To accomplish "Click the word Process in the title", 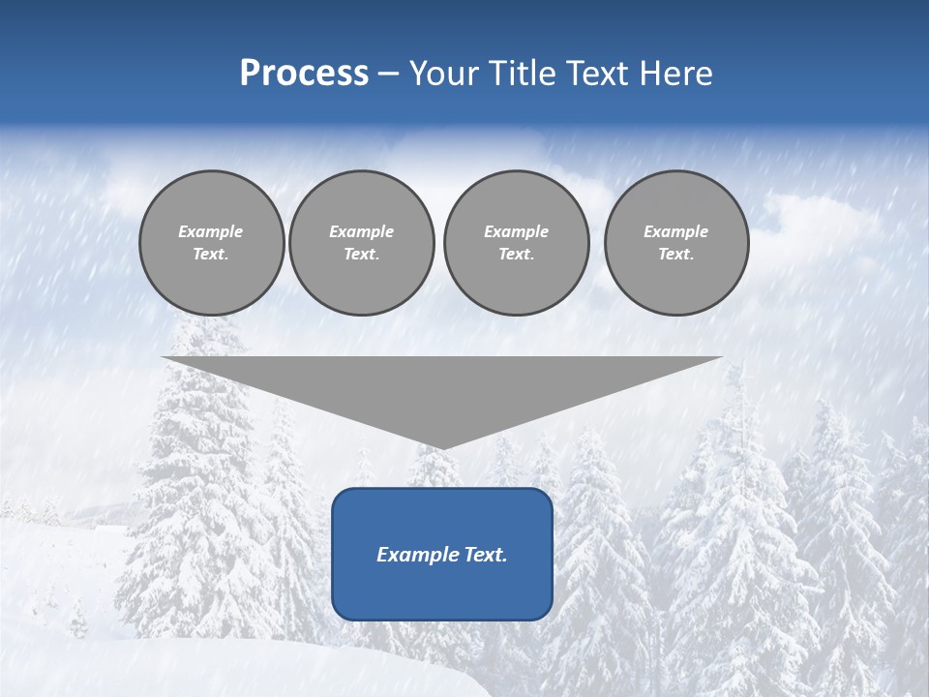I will (304, 74).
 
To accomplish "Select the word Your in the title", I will (441, 74).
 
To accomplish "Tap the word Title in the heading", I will (518, 74).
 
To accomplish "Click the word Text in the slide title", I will (600, 74).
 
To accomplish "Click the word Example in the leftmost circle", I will (211, 231).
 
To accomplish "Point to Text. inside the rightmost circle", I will (675, 254).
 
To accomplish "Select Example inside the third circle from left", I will (516, 231).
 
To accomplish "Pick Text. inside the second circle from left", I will (361, 254).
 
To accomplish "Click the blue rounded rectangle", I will (442, 591).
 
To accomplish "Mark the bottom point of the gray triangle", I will (442, 447).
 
